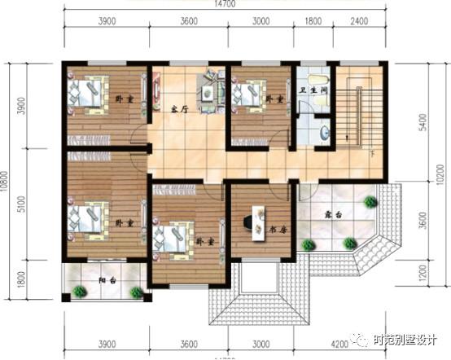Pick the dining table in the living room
[210, 92]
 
